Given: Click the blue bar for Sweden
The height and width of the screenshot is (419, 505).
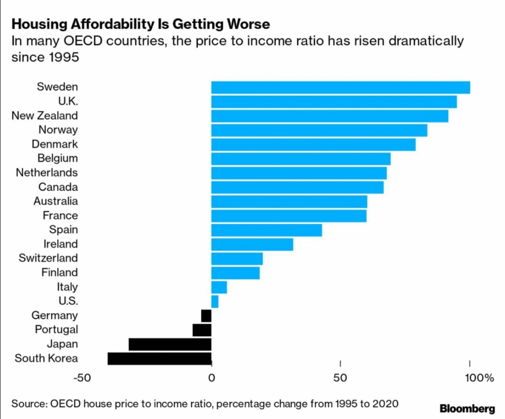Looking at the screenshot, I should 340,87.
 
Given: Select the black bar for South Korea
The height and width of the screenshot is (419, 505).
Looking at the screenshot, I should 159,358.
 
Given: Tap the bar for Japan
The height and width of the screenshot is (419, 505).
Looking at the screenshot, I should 170,344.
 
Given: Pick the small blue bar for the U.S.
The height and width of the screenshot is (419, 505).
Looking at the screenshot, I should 215,301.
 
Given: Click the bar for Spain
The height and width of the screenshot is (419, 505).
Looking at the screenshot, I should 266,230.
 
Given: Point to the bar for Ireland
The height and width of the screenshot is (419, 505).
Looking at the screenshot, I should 252,244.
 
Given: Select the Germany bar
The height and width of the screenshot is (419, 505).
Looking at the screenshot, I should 206,315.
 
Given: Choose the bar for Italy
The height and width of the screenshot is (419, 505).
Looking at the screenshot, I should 219,287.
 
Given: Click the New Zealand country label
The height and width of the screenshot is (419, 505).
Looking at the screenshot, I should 45,115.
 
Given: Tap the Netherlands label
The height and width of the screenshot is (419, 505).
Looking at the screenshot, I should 47,173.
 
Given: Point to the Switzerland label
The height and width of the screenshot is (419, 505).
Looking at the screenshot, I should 48,258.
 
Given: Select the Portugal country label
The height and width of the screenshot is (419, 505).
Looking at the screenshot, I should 56,329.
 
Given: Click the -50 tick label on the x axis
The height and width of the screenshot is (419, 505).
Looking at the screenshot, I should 82,379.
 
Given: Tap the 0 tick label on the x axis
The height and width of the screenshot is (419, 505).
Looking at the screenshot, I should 212,379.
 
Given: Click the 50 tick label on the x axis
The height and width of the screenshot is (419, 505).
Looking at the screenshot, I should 340,379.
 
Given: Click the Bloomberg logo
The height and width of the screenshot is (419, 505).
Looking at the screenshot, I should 467,408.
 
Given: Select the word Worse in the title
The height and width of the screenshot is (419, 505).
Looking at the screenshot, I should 251,24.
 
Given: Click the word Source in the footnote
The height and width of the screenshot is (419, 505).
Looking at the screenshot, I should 28,404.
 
